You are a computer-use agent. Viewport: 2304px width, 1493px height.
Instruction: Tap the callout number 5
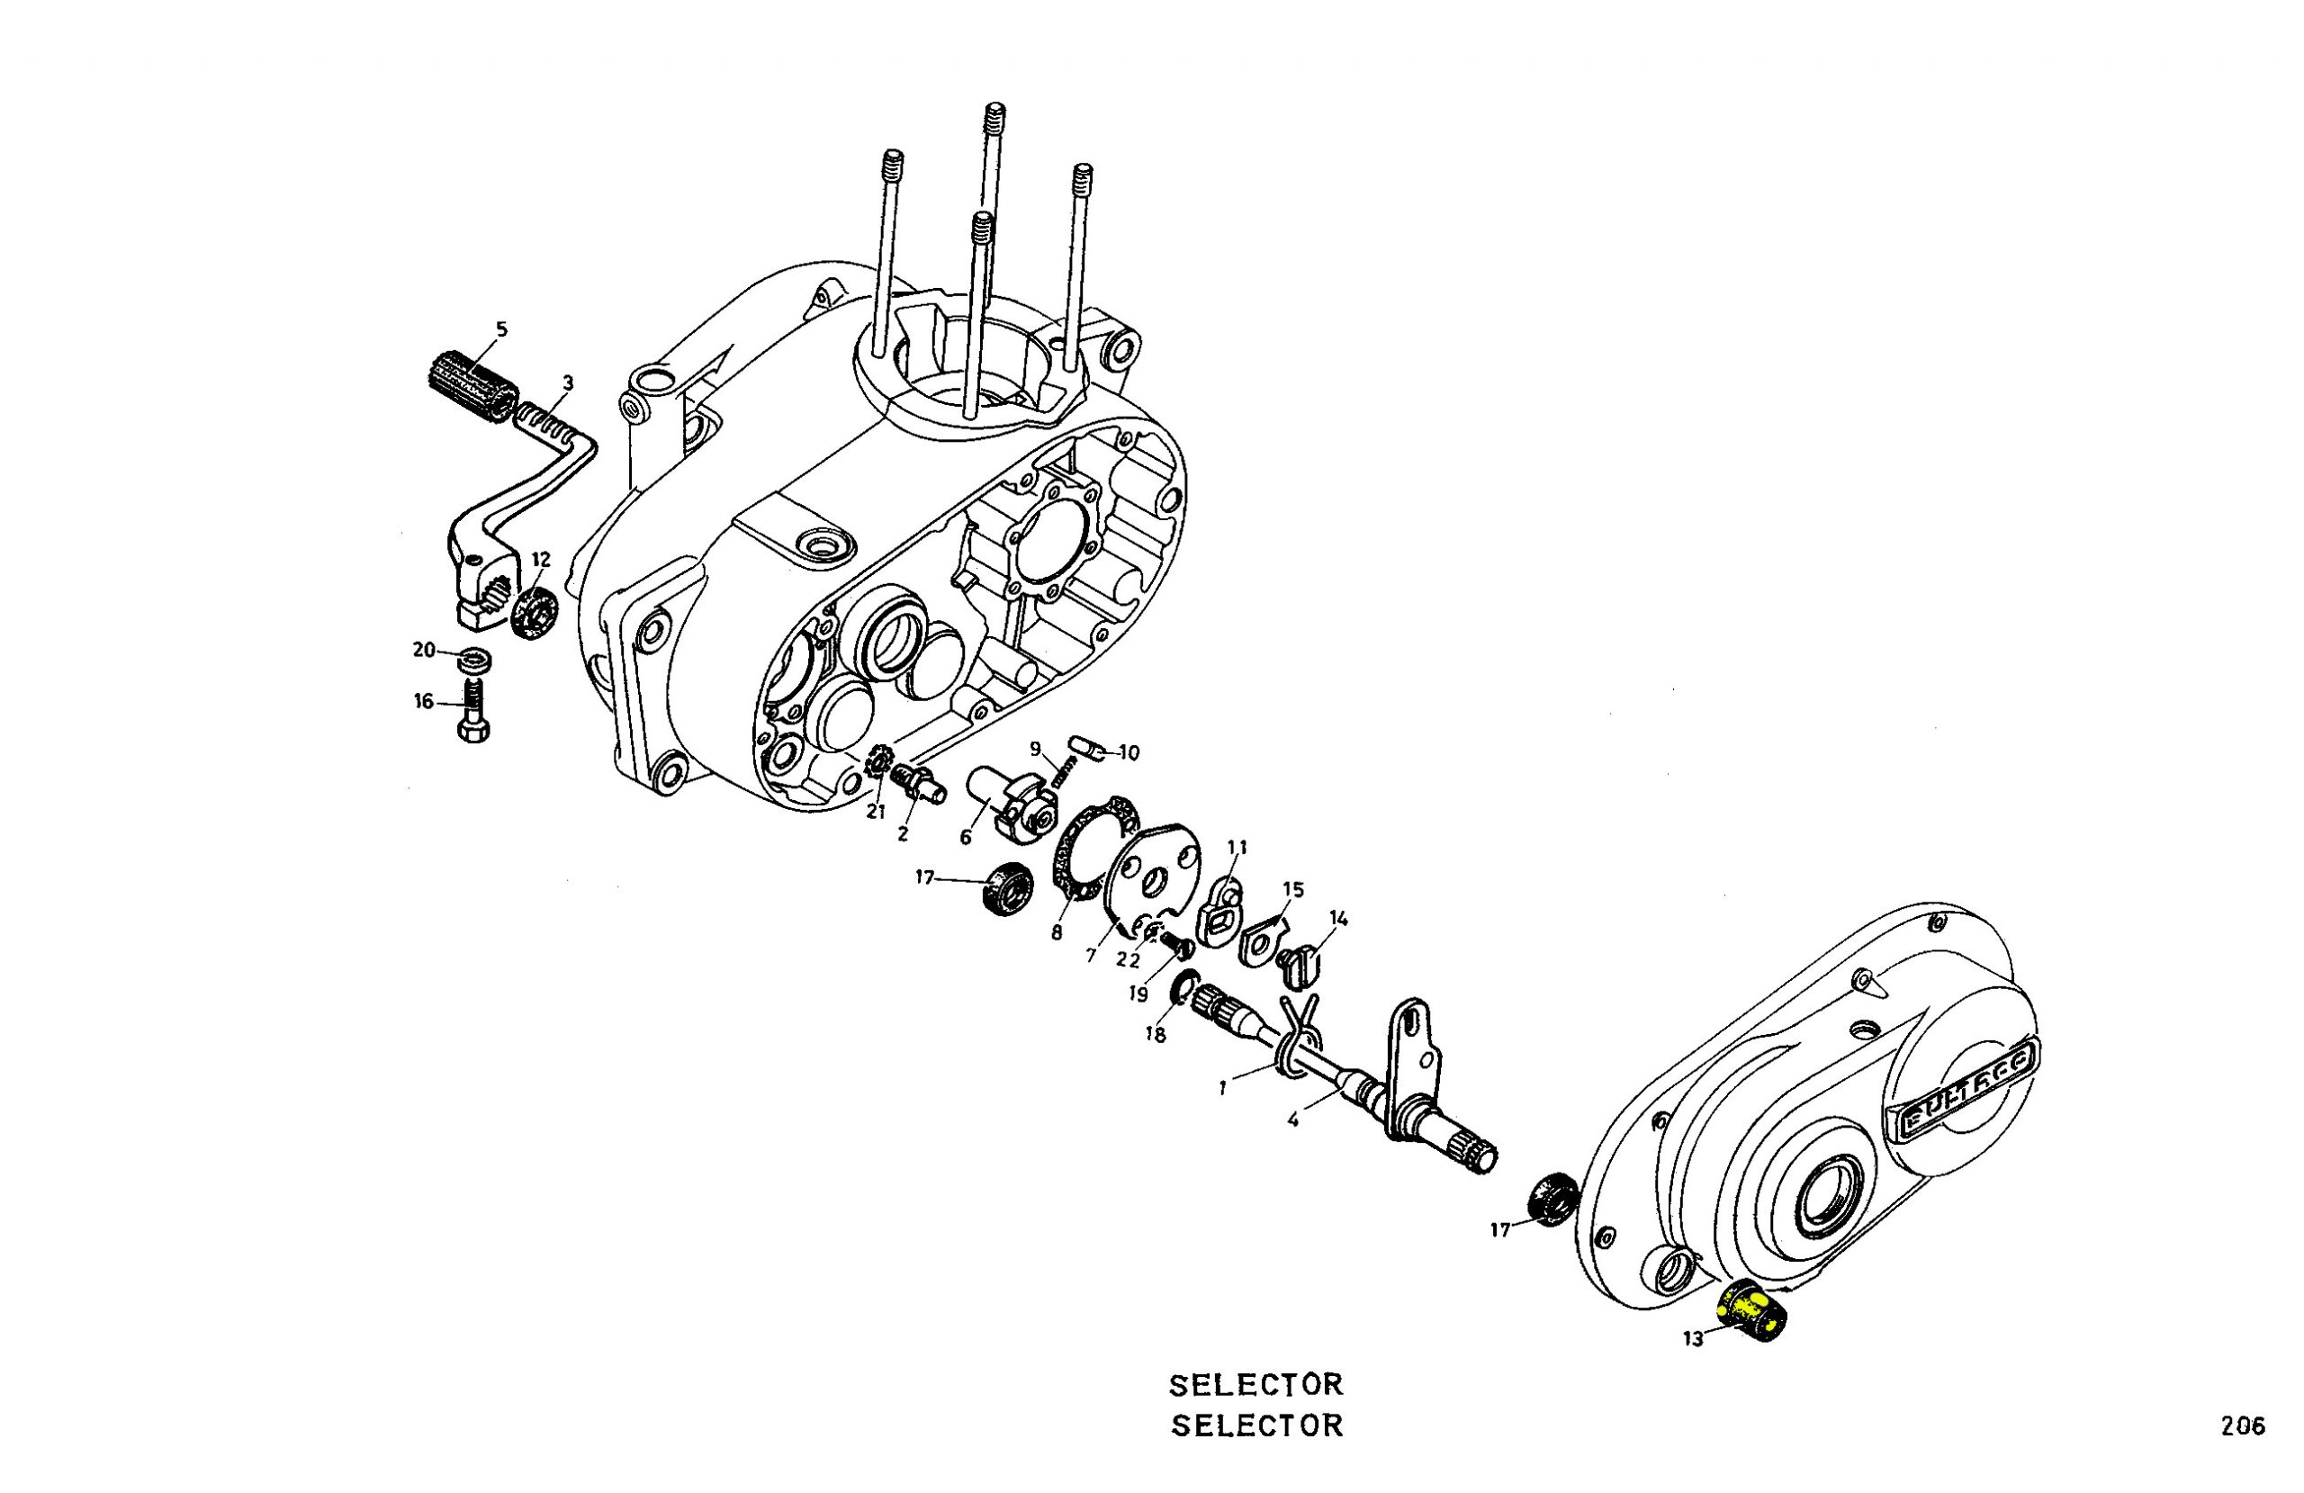(500, 329)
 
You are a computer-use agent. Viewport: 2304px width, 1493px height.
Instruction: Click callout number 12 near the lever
(541, 560)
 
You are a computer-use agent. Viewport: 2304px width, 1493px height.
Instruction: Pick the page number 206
(2243, 1426)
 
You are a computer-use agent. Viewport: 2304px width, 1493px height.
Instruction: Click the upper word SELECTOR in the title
(1255, 1386)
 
